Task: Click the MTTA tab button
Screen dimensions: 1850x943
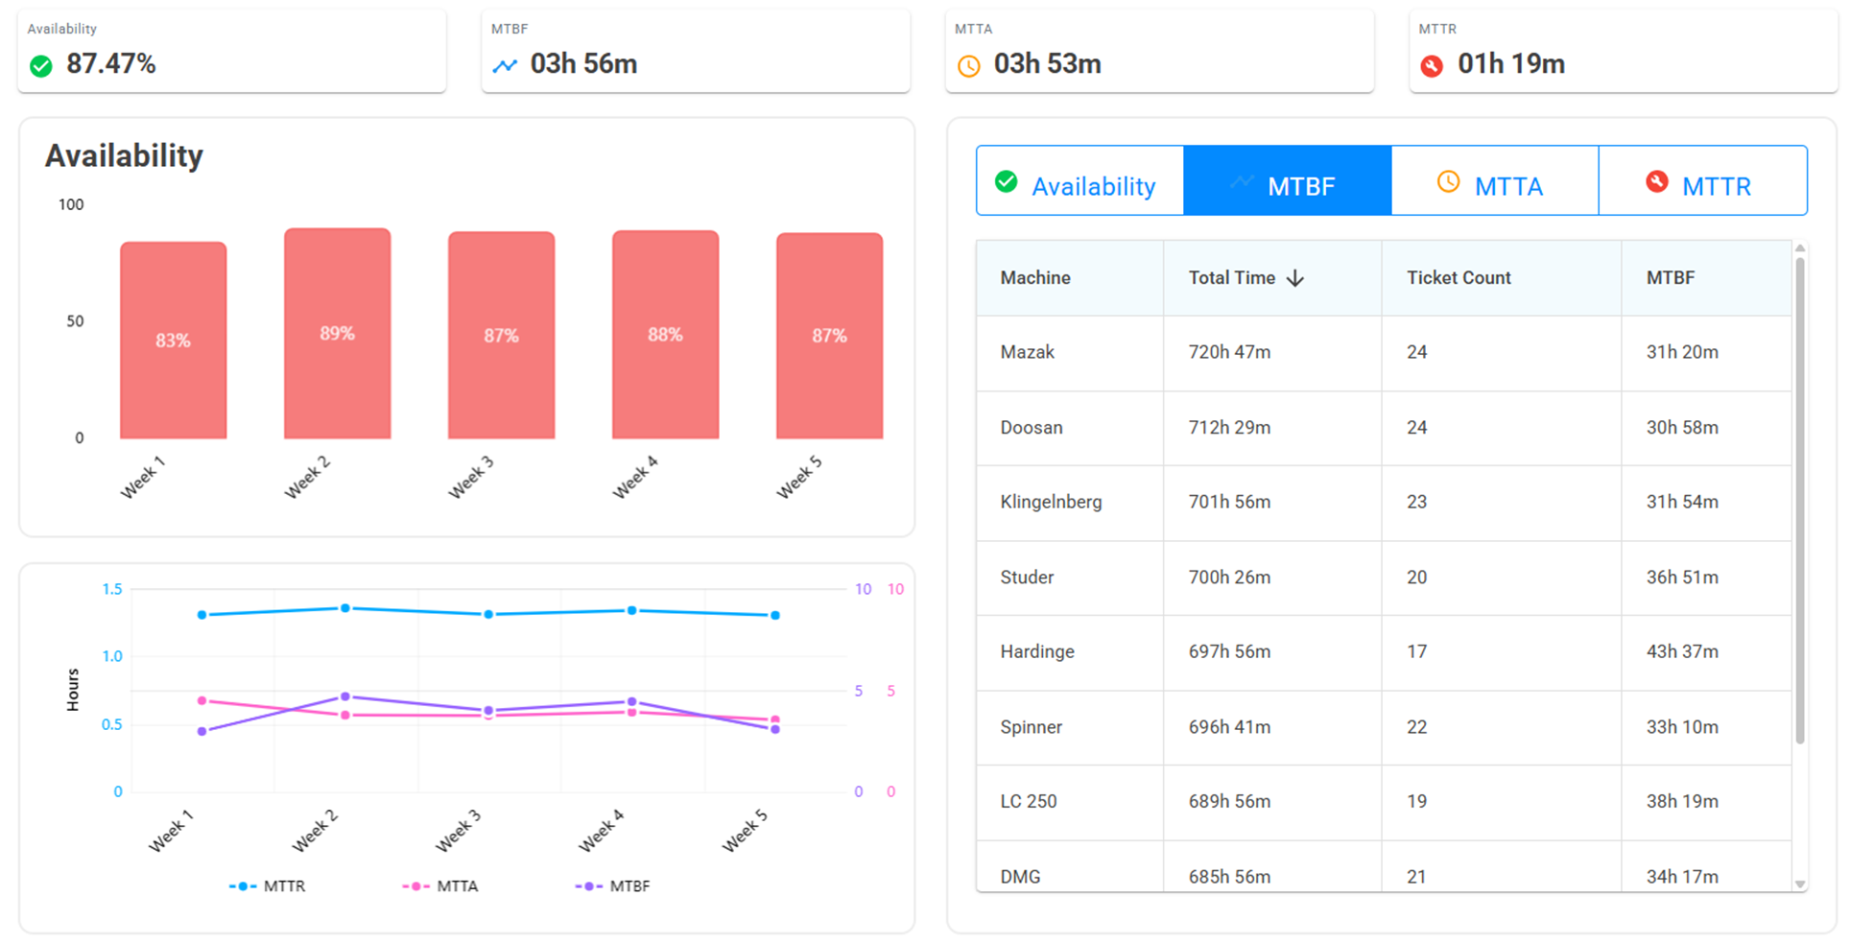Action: tap(1495, 181)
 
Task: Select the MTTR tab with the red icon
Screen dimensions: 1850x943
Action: tap(1703, 181)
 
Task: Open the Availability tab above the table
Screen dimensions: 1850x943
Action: tap(1080, 181)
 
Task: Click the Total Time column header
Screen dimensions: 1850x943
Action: tap(1232, 278)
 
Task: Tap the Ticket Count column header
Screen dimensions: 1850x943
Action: tap(1459, 278)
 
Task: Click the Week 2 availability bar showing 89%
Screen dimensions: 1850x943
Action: tap(337, 334)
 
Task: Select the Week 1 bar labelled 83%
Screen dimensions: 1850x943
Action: tap(173, 341)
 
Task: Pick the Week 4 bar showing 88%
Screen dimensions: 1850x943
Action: tap(665, 335)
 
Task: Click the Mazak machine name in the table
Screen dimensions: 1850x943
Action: tap(1027, 352)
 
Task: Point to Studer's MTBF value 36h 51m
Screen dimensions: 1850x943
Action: tap(1682, 578)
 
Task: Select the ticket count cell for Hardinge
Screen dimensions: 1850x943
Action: tap(1416, 652)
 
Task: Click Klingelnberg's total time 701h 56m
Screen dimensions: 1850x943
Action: tap(1229, 502)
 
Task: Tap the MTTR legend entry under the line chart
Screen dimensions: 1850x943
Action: tap(268, 886)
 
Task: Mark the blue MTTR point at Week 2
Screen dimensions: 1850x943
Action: tap(345, 608)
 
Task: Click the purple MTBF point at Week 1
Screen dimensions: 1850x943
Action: tap(202, 731)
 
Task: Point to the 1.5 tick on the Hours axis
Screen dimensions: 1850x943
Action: tap(112, 589)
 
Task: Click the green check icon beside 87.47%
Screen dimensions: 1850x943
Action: tap(41, 65)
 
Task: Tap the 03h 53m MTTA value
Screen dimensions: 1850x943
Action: tap(1047, 64)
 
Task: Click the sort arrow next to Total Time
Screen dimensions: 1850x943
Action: tap(1295, 278)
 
